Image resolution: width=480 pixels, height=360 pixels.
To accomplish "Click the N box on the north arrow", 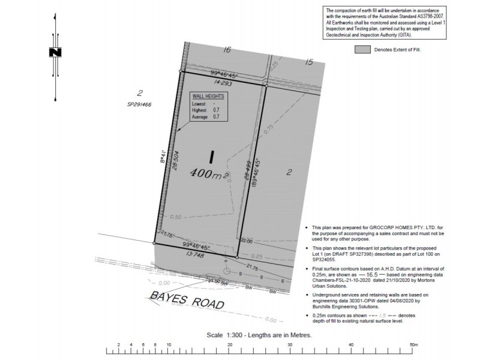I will pos(56,53).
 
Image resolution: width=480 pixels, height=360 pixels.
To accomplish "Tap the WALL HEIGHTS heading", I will pos(208,96).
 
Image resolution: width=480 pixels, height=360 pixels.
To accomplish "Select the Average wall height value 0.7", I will pos(216,117).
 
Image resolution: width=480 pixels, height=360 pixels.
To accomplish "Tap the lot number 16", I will pos(226,50).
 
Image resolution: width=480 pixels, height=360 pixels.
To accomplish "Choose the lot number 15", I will pos(309,62).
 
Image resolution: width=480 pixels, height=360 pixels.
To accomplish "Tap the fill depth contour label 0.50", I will pos(176,217).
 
